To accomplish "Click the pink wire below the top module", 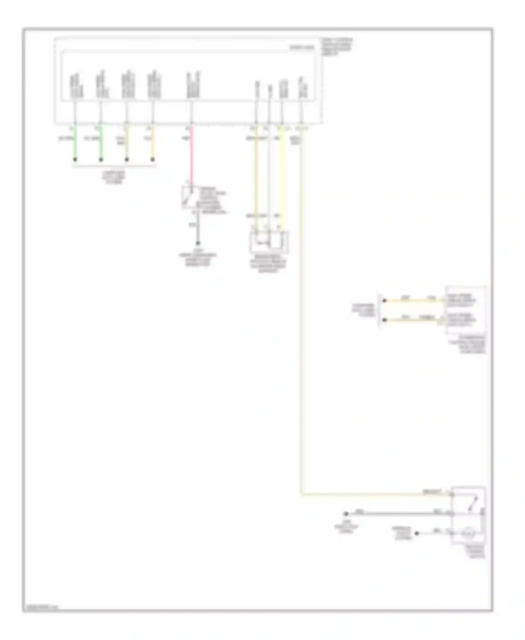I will [191, 154].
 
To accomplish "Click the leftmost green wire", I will [75, 144].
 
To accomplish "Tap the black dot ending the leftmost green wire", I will [75, 160].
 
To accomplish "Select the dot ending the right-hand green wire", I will [101, 160].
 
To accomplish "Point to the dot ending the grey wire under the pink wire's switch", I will [198, 243].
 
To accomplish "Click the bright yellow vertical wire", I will [282, 175].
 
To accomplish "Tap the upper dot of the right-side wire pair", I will [384, 300].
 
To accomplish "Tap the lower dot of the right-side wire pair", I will [384, 320].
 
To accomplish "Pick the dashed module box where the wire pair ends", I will [465, 309].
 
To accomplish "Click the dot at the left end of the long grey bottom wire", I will [346, 514].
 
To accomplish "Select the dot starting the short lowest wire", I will [416, 534].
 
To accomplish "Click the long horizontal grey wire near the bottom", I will [395, 514].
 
